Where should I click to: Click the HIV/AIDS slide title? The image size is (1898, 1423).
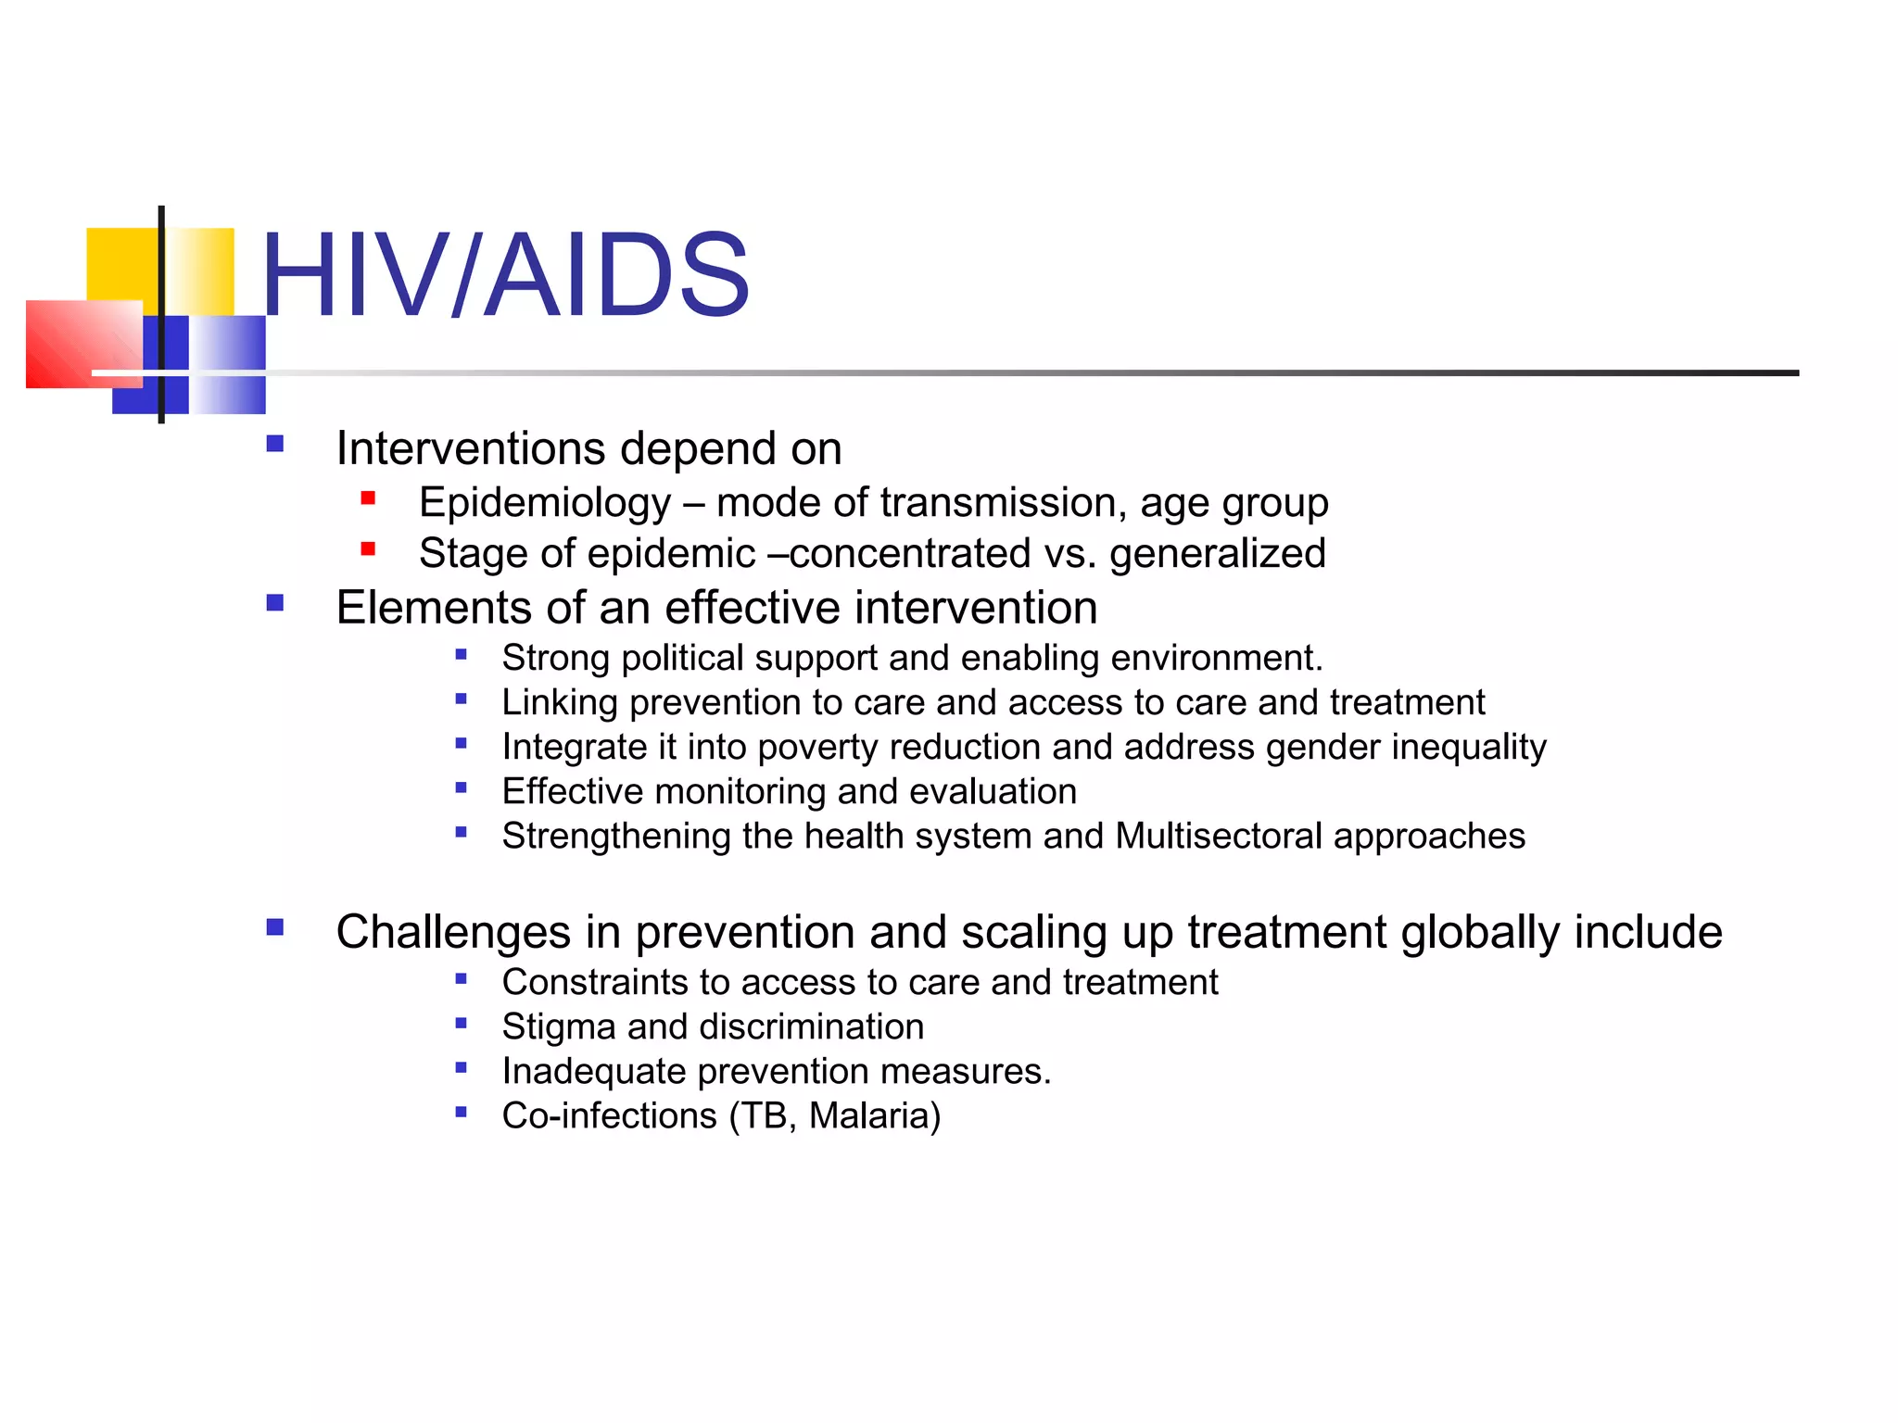pyautogui.click(x=505, y=275)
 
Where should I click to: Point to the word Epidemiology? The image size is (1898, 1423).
pyautogui.click(x=544, y=503)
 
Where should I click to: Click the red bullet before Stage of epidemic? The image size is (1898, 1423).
pyautogui.click(x=368, y=548)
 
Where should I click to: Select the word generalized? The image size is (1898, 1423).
pyautogui.click(x=1217, y=554)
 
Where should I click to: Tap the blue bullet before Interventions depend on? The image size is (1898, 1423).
pyautogui.click(x=274, y=444)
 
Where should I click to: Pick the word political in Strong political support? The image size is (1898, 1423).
pyautogui.click(x=682, y=659)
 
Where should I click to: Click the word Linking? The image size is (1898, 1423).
pyautogui.click(x=559, y=703)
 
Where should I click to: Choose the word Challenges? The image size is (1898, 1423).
pyautogui.click(x=452, y=932)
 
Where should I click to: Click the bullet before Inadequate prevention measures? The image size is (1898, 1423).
pyautogui.click(x=461, y=1067)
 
